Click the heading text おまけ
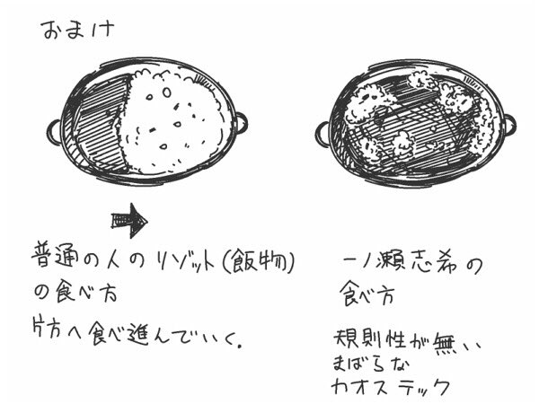tap(77, 31)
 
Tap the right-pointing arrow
tap(129, 221)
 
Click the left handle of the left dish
tap(55, 132)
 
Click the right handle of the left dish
tap(242, 123)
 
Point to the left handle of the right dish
tap(323, 135)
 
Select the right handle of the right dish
tap(510, 125)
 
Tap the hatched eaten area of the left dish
tap(100, 122)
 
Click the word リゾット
tap(185, 263)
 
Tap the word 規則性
tap(372, 339)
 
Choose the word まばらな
tap(372, 363)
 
